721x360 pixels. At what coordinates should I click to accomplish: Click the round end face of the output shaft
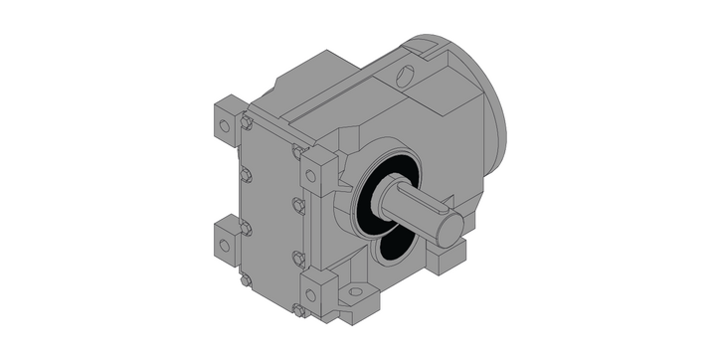[x=450, y=231]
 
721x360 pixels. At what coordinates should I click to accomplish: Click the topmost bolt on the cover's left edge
[x=245, y=123]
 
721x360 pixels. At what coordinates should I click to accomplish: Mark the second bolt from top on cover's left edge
[x=245, y=175]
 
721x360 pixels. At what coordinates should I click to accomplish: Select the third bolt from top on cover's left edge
[x=245, y=228]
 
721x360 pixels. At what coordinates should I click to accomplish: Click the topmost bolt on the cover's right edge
[x=297, y=151]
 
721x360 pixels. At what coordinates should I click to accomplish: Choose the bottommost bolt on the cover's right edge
[x=297, y=309]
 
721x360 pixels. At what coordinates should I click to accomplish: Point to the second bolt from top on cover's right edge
[x=297, y=205]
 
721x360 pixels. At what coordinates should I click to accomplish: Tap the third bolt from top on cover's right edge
[x=297, y=258]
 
